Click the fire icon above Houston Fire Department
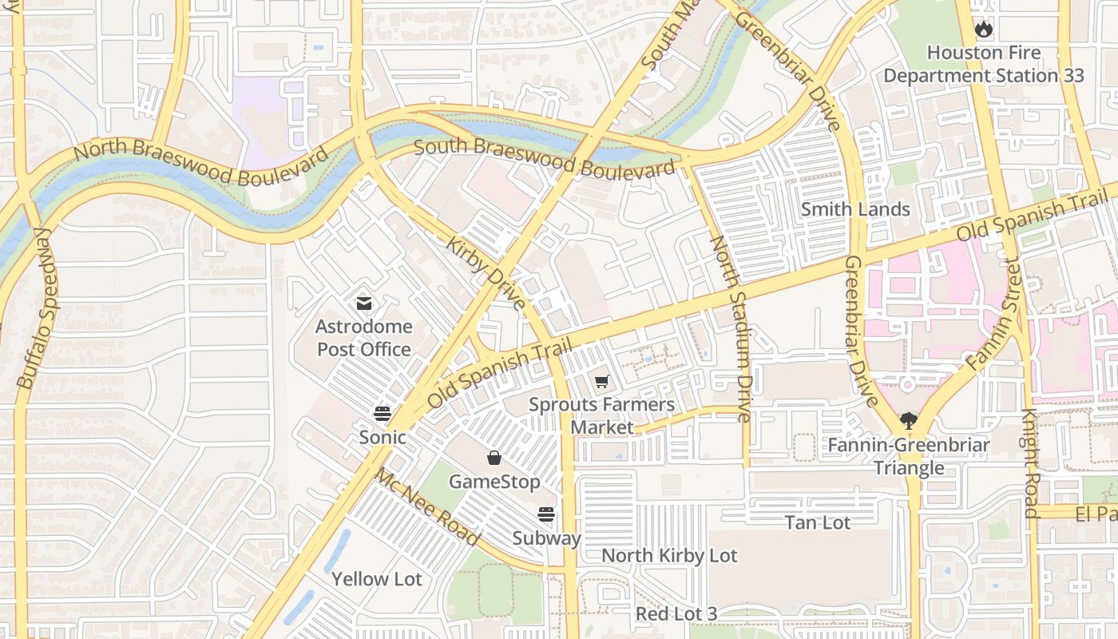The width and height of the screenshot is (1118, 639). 983,30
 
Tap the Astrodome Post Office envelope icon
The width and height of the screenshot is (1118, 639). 364,304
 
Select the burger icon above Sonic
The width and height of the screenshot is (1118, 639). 383,414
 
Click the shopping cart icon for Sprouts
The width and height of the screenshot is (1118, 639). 601,382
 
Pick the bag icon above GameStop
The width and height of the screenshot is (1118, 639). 494,458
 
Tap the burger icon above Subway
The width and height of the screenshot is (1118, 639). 546,514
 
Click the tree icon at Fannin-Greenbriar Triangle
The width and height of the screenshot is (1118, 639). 908,421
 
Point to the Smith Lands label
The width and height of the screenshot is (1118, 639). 855,209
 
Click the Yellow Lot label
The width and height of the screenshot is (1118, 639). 376,579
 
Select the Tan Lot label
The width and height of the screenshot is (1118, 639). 818,522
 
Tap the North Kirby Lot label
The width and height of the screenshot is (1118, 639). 669,556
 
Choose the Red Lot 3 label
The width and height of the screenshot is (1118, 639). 676,613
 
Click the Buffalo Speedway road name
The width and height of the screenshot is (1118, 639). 37,308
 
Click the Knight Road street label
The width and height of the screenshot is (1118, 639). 1031,463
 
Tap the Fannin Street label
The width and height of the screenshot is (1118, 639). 995,319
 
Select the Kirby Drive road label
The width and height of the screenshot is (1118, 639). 486,272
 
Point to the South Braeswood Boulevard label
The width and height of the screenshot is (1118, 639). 545,158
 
